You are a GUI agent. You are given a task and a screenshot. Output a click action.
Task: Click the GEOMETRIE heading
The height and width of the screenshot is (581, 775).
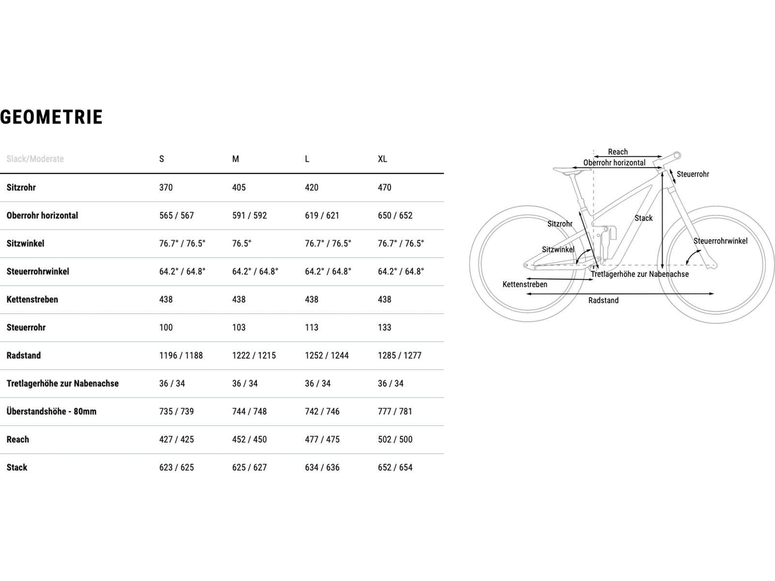pos(51,117)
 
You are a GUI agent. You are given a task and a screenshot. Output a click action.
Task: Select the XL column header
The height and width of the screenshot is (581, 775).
pos(382,159)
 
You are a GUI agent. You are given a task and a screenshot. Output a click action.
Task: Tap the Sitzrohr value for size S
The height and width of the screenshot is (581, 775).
pos(166,187)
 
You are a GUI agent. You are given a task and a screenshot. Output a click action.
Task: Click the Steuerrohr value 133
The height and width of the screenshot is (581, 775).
pos(384,327)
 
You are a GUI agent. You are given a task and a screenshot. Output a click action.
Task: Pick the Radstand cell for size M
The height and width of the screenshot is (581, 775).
pos(254,355)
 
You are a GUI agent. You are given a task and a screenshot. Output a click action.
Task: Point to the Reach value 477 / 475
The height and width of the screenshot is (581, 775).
pos(322,439)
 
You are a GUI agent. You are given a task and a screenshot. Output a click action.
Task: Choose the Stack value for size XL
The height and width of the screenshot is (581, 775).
pos(395,467)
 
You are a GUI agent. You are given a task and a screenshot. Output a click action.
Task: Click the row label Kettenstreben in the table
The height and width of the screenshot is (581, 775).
pos(32,299)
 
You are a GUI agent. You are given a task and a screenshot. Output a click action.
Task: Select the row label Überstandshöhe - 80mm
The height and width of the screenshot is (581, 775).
pos(51,411)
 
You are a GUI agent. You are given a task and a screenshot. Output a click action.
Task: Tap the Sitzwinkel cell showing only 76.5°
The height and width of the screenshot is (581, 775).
pos(241,243)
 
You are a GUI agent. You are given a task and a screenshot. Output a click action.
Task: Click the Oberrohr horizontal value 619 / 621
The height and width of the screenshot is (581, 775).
pos(322,215)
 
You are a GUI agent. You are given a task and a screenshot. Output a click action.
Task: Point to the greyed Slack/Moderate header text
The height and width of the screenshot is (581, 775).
pos(35,159)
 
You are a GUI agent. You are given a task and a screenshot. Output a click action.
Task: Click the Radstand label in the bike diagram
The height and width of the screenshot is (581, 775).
pos(603,300)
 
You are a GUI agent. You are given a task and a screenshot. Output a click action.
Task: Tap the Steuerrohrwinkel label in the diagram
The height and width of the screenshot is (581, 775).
pos(720,241)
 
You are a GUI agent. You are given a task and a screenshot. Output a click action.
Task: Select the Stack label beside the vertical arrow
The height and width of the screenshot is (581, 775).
pos(643,218)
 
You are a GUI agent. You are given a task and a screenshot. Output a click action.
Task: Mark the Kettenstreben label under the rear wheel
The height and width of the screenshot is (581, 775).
pos(525,284)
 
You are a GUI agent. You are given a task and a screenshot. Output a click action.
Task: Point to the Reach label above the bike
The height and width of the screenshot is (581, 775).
pos(618,152)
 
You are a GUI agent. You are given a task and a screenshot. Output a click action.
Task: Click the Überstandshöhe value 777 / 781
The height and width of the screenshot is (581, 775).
pos(395,411)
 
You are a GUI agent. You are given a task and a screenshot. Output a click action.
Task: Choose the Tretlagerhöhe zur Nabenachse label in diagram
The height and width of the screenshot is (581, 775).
pos(639,274)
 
